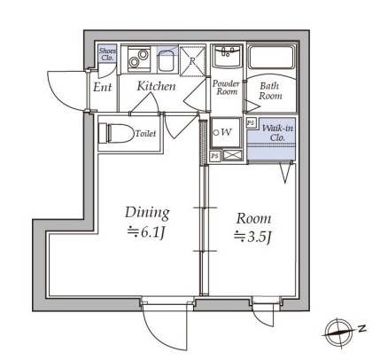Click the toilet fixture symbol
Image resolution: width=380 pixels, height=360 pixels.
pos(116,133)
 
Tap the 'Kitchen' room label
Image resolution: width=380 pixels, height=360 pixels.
pos(156,86)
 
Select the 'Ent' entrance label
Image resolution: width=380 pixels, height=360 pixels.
pos(103,87)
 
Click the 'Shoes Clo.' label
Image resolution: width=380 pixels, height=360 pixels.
pos(107,54)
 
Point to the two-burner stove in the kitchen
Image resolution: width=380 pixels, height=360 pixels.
pos(139,59)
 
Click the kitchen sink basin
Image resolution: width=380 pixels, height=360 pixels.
pos(166,61)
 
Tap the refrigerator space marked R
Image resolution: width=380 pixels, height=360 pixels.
pos(192,60)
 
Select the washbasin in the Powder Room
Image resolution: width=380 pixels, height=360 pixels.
pos(228,56)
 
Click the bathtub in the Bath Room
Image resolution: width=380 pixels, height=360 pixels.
pos(271,58)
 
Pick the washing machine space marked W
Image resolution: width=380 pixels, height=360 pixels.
pos(225,132)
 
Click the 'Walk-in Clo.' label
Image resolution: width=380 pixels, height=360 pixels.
pos(277,133)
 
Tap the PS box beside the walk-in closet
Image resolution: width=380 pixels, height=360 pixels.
pos(251,122)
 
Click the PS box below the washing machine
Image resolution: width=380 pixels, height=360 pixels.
pos(214,156)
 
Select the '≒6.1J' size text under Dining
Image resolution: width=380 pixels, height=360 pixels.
pos(146,233)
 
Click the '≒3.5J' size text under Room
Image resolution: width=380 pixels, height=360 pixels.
pos(252,237)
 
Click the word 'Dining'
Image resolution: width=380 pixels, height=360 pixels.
pos(147,213)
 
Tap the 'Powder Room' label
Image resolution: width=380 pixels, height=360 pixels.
pos(227,88)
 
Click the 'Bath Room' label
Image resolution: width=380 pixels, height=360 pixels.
pos(270,91)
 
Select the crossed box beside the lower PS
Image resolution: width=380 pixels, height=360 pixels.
pos(232,155)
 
